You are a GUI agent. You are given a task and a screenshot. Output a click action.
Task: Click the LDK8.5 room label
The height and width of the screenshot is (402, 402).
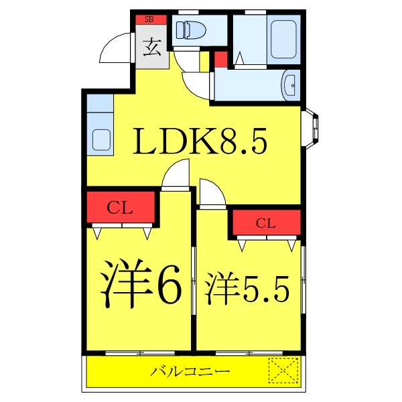[201, 141]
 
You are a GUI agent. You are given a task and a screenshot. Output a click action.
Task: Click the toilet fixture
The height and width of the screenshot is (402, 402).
[191, 30]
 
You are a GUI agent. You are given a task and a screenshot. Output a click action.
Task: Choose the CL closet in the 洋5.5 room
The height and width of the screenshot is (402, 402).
[266, 223]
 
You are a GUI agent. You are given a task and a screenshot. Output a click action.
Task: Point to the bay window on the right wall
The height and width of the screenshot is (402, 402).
[312, 127]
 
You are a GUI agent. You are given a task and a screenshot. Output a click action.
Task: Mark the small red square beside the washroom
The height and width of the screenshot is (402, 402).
[220, 58]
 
